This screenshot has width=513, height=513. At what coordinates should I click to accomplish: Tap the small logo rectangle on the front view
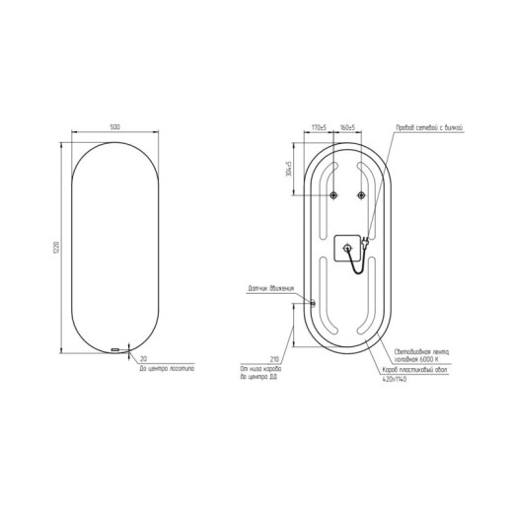[x=117, y=350]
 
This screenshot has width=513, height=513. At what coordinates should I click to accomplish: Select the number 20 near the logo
[x=144, y=358]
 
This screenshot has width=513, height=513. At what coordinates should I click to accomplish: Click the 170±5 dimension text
[x=319, y=128]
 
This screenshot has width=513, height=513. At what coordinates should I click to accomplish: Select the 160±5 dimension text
[x=347, y=128]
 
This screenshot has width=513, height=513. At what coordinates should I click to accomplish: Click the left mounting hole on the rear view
[x=333, y=193]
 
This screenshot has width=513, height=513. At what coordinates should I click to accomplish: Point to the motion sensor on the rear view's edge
[x=312, y=304]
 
